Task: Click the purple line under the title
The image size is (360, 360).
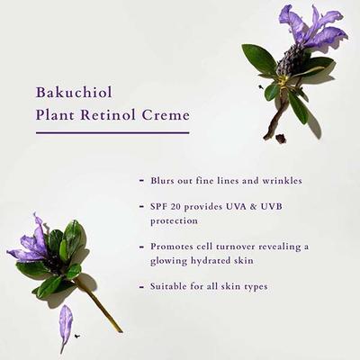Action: (112, 132)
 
